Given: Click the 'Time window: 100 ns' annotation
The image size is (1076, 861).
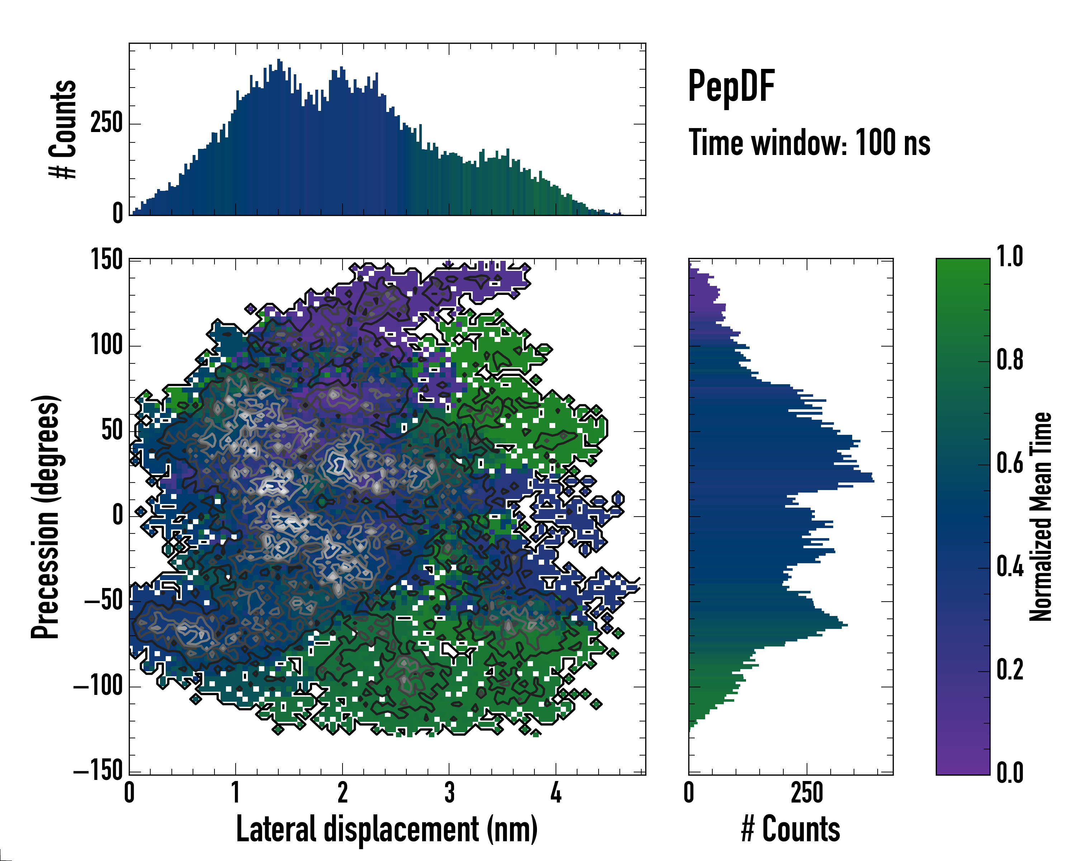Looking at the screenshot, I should click(x=809, y=143).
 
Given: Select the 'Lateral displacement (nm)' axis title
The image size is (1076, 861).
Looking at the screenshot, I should click(x=386, y=829).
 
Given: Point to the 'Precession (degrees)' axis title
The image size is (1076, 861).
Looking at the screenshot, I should click(x=46, y=517).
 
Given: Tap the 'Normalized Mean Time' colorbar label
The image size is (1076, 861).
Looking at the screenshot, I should click(x=1040, y=517).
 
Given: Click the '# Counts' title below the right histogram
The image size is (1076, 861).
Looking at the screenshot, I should click(x=791, y=829).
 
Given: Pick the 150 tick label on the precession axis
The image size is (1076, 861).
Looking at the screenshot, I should click(x=106, y=260).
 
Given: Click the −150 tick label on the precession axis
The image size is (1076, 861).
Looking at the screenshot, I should click(x=98, y=772).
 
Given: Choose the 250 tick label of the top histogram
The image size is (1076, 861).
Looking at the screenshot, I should click(x=106, y=123).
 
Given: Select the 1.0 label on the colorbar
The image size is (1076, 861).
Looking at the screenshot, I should click(x=1010, y=257).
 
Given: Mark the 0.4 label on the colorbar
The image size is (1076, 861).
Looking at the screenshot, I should click(x=1010, y=567).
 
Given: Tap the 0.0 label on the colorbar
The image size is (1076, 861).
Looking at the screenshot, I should click(x=1010, y=773).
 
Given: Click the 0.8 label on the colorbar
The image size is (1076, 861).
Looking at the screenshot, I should click(x=1010, y=361).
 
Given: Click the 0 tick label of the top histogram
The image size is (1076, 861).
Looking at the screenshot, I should click(x=118, y=213).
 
